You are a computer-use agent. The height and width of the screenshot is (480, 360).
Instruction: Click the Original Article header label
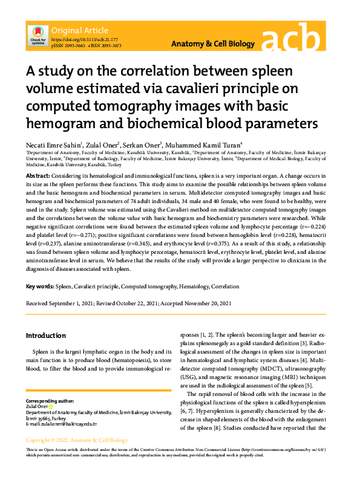click(80, 30)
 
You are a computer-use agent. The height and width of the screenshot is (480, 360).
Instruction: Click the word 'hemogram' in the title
click(57, 124)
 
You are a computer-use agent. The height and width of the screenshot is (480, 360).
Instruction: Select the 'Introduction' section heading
click(45, 336)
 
